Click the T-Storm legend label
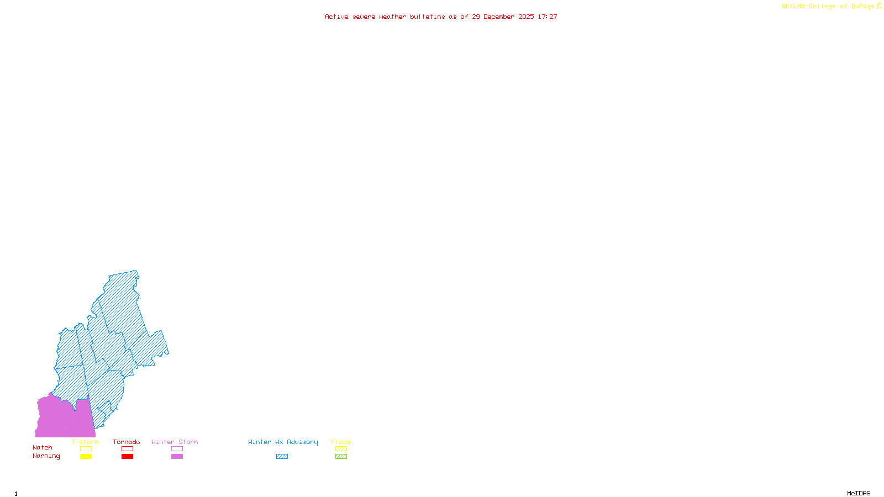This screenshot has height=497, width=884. [85, 442]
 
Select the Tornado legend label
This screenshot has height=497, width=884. [127, 442]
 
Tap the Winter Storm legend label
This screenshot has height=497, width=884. [175, 442]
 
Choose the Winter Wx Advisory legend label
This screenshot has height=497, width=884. [283, 442]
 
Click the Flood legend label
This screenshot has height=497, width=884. [341, 442]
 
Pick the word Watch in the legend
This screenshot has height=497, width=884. [43, 447]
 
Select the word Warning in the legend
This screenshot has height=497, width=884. [46, 456]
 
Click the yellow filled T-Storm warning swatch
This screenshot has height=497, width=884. [86, 457]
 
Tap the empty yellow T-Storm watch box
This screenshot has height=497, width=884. [86, 449]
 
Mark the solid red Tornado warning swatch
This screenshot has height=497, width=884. [127, 457]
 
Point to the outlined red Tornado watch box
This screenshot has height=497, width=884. [127, 449]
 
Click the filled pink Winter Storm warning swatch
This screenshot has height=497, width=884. [177, 457]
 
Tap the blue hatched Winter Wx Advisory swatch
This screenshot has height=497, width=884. [282, 457]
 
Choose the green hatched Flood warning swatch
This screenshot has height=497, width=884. [341, 457]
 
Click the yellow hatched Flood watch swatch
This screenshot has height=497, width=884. [341, 449]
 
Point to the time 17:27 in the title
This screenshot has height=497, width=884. [548, 17]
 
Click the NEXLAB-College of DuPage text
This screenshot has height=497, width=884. [828, 7]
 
